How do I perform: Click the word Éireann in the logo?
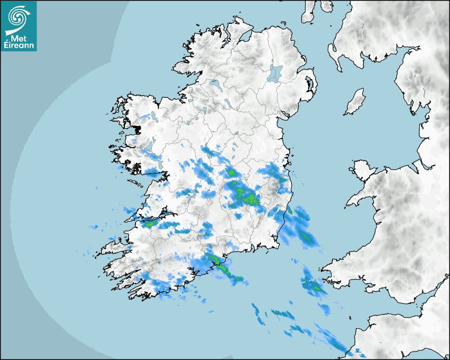[19, 46]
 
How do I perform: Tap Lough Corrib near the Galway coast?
[150, 145]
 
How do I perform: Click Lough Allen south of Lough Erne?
[204, 112]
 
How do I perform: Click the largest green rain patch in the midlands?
[246, 197]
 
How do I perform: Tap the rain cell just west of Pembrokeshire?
[312, 286]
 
